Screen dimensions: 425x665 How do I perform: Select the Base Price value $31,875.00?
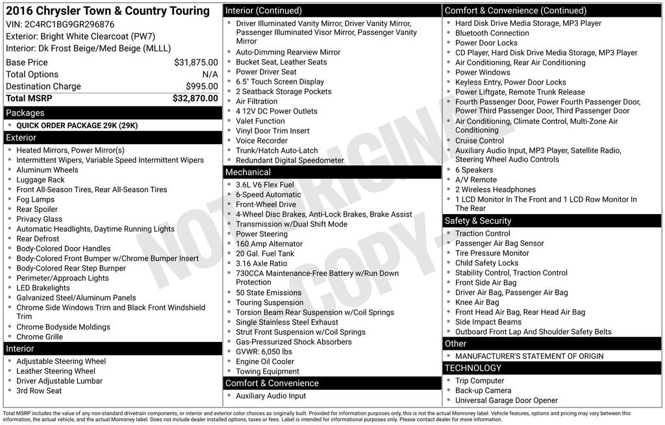point(195,63)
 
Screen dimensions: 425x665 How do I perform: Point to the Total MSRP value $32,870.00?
point(195,99)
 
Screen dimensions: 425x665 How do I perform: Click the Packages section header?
point(25,113)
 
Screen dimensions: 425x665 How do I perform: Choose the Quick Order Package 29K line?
point(77,126)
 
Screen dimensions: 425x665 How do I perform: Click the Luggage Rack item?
point(40,180)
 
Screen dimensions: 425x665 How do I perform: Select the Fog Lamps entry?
point(35,200)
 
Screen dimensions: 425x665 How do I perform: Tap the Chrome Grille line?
point(39,337)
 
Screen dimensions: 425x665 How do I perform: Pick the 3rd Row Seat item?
point(39,391)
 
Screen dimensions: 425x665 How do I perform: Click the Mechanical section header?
point(247,172)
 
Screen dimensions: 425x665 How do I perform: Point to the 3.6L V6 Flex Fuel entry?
point(264,185)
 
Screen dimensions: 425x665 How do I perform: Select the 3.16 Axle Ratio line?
point(261,263)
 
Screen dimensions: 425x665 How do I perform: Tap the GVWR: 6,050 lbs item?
point(264,352)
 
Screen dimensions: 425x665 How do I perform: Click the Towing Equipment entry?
point(268,372)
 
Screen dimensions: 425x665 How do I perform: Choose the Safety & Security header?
point(477,221)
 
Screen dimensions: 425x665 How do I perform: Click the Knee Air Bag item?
point(477,302)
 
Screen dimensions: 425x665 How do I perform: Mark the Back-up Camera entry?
point(483,391)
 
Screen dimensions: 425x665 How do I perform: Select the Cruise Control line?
point(479,141)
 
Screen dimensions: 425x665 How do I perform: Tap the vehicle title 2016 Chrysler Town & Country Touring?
point(108,11)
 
